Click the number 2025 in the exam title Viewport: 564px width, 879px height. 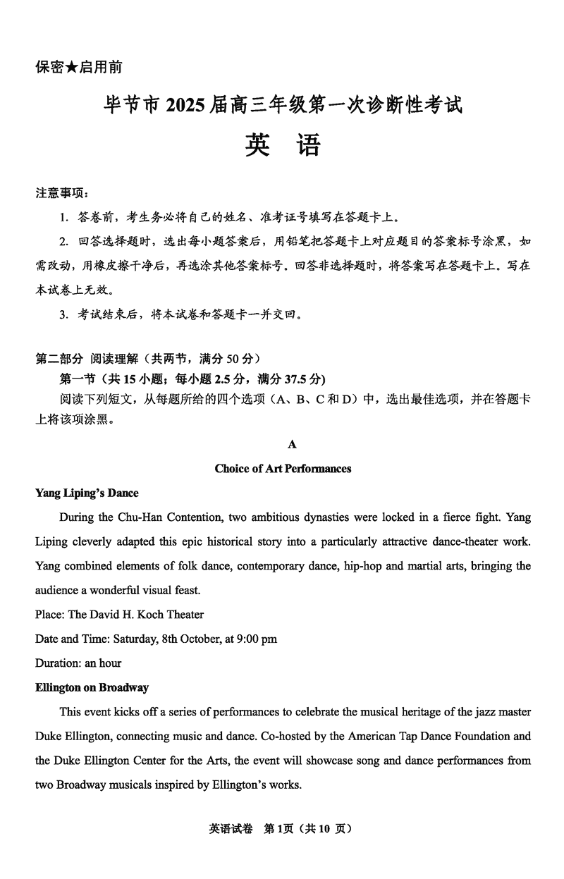186,106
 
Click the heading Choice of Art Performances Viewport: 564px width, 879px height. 283,469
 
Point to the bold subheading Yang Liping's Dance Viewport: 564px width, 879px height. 87,493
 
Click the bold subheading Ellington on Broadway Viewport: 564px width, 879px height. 92,687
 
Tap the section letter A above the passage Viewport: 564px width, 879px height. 292,444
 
